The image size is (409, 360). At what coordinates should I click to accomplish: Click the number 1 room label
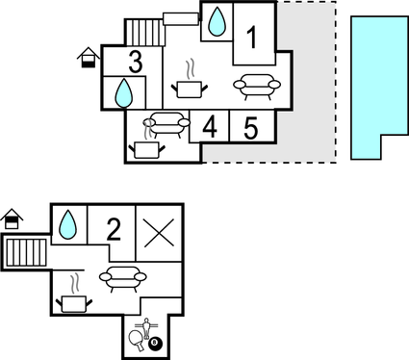coord(251,39)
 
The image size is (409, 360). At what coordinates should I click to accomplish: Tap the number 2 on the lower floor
coord(114,229)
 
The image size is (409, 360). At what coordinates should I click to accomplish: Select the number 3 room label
coord(135,63)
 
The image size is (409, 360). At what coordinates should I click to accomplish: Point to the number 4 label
coord(210,127)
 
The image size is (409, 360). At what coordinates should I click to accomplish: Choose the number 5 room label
coord(249,127)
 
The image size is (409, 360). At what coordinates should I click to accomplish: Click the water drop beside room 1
coord(217,21)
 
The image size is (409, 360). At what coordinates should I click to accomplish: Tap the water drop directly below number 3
coord(123,93)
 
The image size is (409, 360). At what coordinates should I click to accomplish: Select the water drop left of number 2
coord(67,224)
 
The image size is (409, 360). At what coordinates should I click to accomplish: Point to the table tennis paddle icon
coord(137,339)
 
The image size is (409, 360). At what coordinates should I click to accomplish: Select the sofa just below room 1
coord(257,86)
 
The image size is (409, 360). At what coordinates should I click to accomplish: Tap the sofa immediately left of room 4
coord(166,123)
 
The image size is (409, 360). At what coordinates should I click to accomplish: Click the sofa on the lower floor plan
coord(122,278)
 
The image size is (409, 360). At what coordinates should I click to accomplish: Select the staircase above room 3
coord(144,33)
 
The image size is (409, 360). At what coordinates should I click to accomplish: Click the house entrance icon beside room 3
coord(88,58)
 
